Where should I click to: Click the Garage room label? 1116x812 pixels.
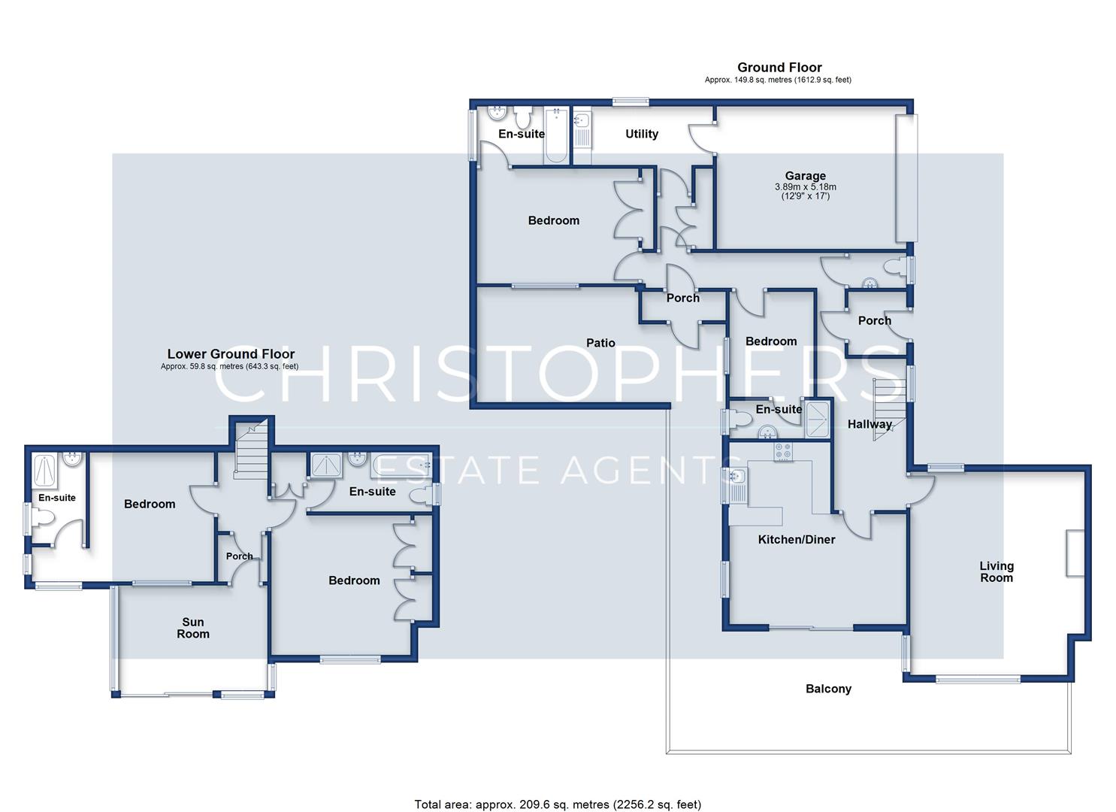[805, 175]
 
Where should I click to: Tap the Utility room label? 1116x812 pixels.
[642, 134]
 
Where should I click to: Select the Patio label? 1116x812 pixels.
[600, 343]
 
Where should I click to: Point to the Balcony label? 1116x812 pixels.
[828, 689]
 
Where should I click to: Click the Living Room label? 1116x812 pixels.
[997, 571]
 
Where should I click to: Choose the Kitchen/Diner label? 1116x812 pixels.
[796, 539]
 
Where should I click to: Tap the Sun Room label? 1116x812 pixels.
[193, 628]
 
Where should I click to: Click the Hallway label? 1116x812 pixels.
[870, 424]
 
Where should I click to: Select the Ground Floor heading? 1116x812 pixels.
[779, 68]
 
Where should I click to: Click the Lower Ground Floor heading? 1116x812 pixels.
[231, 354]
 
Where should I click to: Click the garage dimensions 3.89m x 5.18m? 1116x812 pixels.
[805, 187]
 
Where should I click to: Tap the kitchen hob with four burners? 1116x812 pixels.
[783, 452]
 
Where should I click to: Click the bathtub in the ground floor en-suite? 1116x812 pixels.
[555, 135]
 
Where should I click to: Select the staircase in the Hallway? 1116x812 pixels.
[889, 410]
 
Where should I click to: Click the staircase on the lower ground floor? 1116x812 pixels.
[251, 449]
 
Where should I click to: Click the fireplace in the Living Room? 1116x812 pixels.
[1075, 553]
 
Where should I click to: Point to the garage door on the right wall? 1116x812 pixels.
[906, 178]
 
